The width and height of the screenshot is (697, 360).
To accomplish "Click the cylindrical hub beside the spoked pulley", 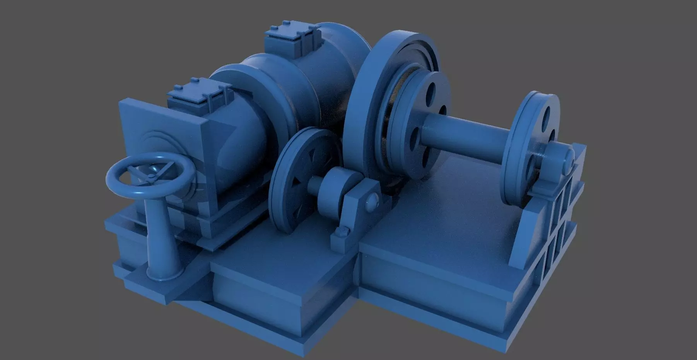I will (x=337, y=189).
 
